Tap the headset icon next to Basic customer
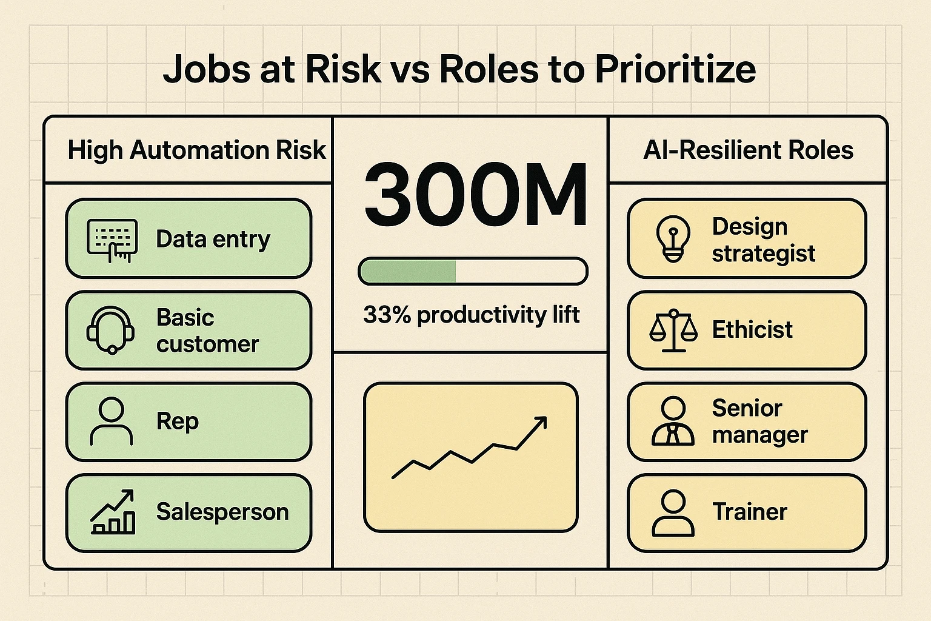pyautogui.click(x=111, y=330)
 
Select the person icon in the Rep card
pyautogui.click(x=111, y=421)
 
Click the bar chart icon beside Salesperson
pyautogui.click(x=113, y=512)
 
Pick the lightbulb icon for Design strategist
pyautogui.click(x=673, y=239)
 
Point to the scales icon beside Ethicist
pyautogui.click(x=673, y=331)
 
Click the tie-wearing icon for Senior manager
pyautogui.click(x=673, y=421)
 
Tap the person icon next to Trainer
pyautogui.click(x=673, y=513)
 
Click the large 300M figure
pyautogui.click(x=475, y=193)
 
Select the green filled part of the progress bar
pyautogui.click(x=407, y=271)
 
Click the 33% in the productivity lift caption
pyautogui.click(x=387, y=315)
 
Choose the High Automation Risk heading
pyautogui.click(x=196, y=150)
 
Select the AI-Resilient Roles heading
pyautogui.click(x=748, y=150)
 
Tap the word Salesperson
pyautogui.click(x=222, y=512)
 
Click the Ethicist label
pyautogui.click(x=752, y=330)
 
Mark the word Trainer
pyautogui.click(x=750, y=512)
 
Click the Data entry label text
pyautogui.click(x=213, y=240)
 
